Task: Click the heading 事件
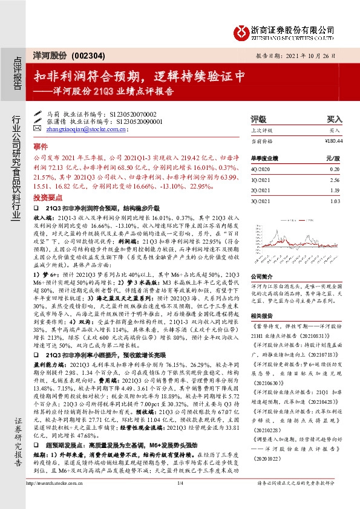(x=40, y=146)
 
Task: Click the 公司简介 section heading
(x=261, y=275)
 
